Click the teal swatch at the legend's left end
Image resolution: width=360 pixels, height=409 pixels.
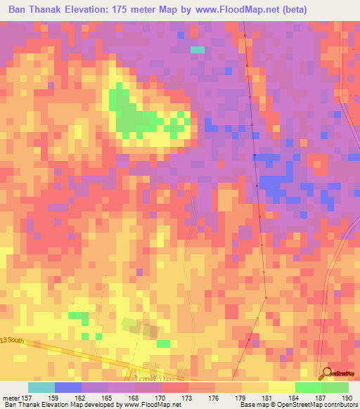41,387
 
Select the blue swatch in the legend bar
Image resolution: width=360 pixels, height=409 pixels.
68,387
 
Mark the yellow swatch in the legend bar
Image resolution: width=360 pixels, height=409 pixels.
281,387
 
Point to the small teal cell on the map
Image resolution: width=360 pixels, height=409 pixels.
198,50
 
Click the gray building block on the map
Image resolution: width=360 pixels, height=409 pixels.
131,324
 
